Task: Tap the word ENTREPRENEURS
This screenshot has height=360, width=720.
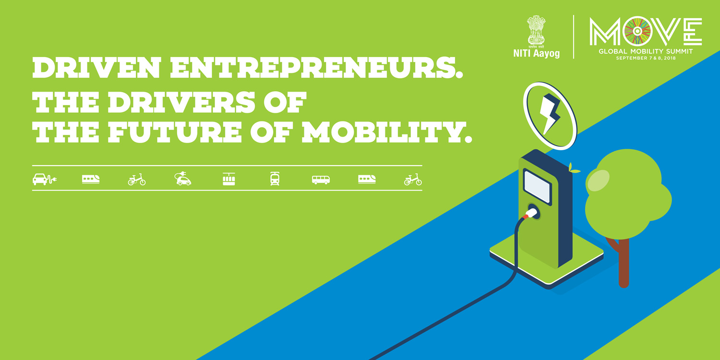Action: tap(317, 68)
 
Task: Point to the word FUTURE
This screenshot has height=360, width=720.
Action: tap(175, 132)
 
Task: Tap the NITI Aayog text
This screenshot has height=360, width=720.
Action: tap(537, 53)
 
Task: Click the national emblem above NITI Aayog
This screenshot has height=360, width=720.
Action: tap(537, 31)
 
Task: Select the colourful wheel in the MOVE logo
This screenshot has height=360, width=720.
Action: tap(637, 31)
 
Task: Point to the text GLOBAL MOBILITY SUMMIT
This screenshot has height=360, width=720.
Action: tap(646, 51)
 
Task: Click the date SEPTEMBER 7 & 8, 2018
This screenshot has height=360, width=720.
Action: tap(646, 58)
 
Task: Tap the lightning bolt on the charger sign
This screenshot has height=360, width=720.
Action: tap(549, 114)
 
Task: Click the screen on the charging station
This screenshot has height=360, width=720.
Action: tap(538, 187)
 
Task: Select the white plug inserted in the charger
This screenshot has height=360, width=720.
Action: tap(531, 213)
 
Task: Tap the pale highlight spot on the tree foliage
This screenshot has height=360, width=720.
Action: tap(598, 180)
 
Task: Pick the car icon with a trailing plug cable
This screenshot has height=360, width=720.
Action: tap(45, 180)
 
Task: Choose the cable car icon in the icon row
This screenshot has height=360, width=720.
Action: tap(229, 179)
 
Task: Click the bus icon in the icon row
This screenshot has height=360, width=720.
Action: tap(321, 180)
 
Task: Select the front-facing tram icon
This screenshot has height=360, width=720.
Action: tap(275, 179)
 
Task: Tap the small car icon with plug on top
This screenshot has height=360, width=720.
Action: tap(182, 179)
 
